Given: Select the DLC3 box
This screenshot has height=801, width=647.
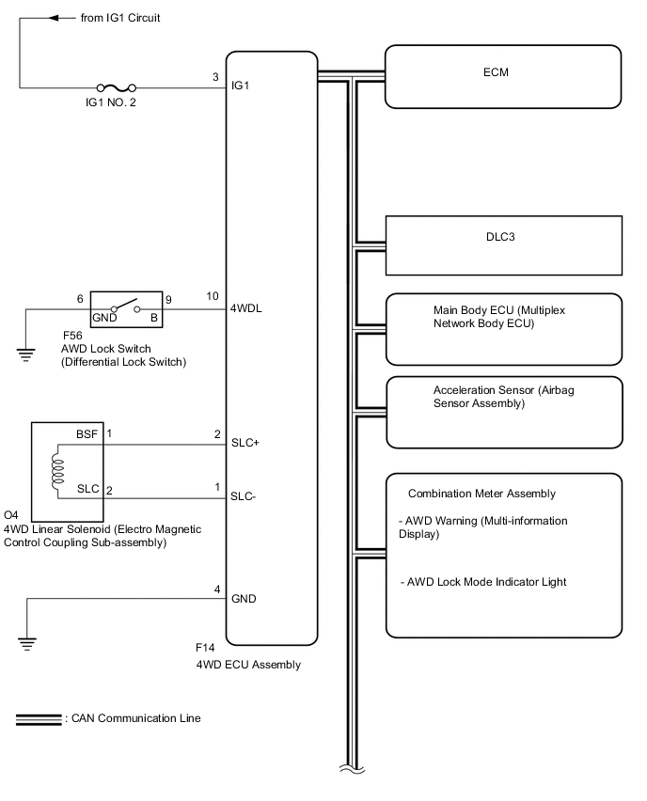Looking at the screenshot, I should tap(504, 244).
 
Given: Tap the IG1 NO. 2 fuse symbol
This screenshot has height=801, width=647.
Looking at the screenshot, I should tap(119, 89).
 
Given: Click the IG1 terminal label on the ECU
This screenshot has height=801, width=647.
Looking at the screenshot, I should tap(241, 87).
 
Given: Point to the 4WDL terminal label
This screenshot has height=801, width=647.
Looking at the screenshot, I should tap(246, 307).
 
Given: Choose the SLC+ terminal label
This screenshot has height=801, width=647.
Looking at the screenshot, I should tap(246, 443).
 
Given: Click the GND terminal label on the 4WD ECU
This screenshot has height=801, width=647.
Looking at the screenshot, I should tap(245, 599).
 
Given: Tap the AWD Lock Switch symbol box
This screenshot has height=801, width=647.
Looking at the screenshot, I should tap(126, 307).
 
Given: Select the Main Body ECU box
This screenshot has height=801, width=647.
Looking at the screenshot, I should tap(504, 328).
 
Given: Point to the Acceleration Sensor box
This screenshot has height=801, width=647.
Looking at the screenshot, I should tap(504, 412).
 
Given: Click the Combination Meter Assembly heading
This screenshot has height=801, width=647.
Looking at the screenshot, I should tap(481, 494).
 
